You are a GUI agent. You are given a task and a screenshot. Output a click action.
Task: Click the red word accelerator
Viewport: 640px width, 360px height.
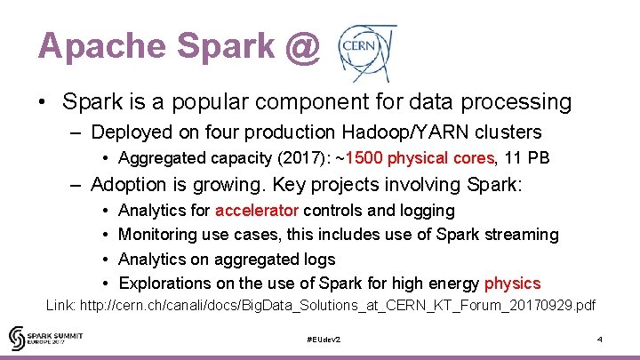(257, 211)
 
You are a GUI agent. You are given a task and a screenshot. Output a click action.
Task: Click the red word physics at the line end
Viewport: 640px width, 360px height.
(512, 284)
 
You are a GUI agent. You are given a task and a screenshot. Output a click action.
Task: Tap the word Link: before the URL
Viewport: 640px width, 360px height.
(61, 306)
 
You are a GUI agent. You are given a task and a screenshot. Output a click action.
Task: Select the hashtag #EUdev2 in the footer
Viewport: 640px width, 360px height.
(323, 340)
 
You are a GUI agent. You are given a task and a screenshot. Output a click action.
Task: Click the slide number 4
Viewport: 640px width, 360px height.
(600, 340)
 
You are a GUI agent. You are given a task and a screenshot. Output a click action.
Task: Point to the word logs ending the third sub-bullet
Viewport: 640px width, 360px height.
(317, 260)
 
